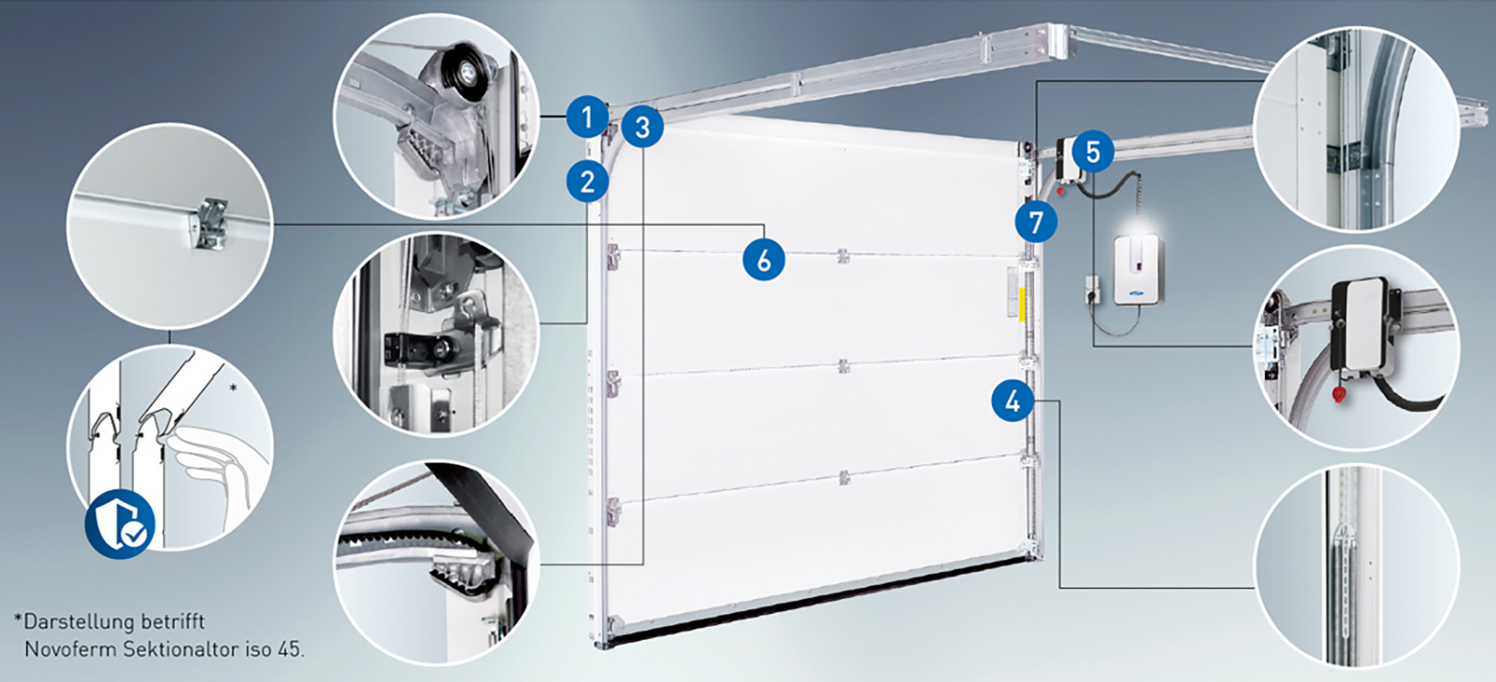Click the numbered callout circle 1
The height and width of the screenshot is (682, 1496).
pyautogui.click(x=588, y=118)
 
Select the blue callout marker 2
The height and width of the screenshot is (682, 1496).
pyautogui.click(x=588, y=181)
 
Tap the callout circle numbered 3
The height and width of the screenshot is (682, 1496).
pyautogui.click(x=642, y=127)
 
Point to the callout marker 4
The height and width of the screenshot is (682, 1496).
pyautogui.click(x=1014, y=401)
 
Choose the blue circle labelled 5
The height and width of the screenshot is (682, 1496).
pyautogui.click(x=1093, y=151)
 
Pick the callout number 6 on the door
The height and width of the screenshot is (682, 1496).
pyautogui.click(x=764, y=260)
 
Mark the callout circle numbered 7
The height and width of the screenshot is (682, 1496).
pyautogui.click(x=1036, y=221)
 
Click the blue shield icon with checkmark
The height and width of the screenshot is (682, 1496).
pyautogui.click(x=121, y=524)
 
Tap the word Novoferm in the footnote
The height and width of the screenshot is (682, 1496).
pyautogui.click(x=71, y=648)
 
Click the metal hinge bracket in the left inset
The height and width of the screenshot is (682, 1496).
pyautogui.click(x=211, y=223)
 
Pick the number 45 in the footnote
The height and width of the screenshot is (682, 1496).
pyautogui.click(x=288, y=648)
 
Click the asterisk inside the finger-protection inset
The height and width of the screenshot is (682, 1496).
pyautogui.click(x=233, y=388)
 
